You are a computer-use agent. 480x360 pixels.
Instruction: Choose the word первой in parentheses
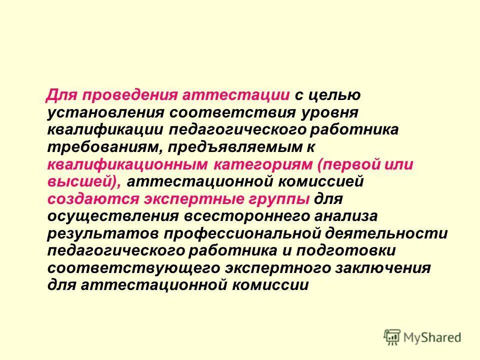[x=356, y=164]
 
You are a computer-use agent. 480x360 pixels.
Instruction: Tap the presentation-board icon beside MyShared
[x=392, y=337]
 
